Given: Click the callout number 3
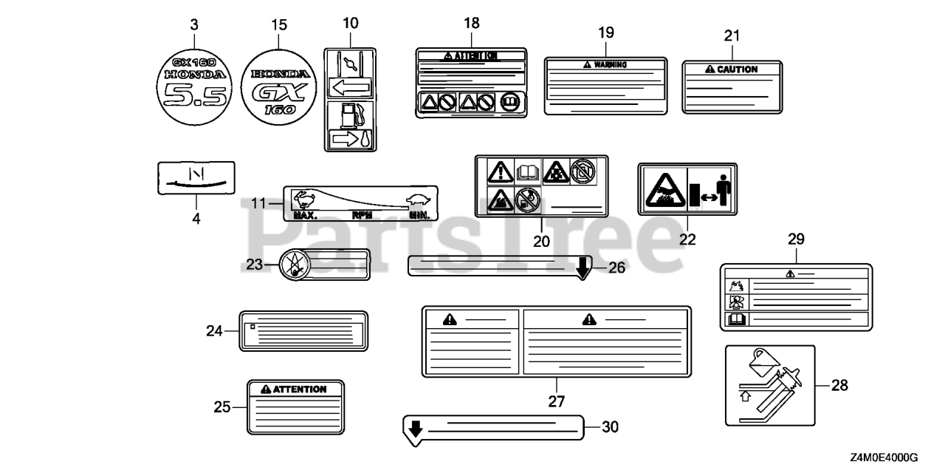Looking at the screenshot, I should [194, 25].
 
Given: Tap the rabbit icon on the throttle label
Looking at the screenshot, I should [304, 198].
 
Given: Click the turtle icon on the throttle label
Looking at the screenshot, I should [417, 200].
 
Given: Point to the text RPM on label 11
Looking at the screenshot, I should [362, 216].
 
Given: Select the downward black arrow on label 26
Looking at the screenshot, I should [583, 268].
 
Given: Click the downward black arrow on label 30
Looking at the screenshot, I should [415, 428].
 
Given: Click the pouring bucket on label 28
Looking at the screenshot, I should [760, 361].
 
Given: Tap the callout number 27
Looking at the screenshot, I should [556, 401].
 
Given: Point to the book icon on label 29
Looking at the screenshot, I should [738, 321].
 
